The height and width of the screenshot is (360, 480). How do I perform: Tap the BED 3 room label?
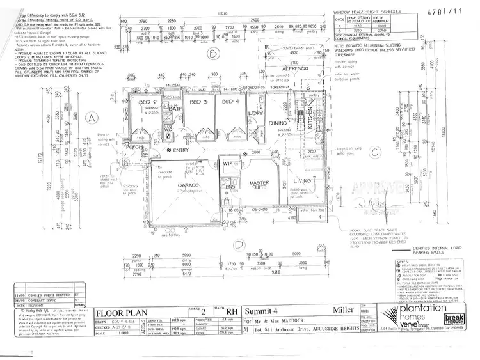(199, 102)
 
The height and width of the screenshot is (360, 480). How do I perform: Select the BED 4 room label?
(231, 102)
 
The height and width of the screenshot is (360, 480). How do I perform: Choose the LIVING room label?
(301, 181)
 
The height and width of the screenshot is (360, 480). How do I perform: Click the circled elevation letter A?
(92, 118)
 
